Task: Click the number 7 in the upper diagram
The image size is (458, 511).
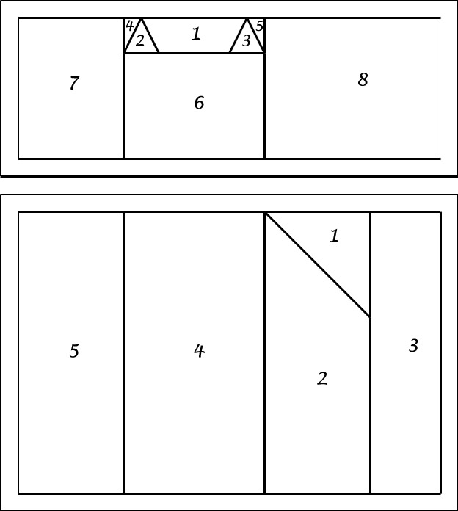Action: [74, 83]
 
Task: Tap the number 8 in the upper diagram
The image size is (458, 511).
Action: [363, 79]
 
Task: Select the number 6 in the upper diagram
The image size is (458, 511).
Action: [199, 102]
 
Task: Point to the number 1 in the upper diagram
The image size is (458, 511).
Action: [196, 34]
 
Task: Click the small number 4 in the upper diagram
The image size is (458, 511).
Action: [129, 26]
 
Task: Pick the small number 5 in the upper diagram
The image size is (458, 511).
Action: [259, 26]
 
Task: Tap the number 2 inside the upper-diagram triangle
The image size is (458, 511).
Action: [139, 40]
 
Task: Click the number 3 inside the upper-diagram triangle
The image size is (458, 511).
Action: [247, 40]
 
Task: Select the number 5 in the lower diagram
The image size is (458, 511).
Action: [74, 351]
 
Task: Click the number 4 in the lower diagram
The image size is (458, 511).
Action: [199, 351]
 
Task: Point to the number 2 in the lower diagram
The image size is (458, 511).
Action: [321, 378]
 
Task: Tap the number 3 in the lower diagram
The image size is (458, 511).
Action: [413, 346]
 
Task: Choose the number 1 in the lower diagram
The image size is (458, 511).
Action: [334, 236]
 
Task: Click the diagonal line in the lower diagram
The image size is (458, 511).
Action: [318, 265]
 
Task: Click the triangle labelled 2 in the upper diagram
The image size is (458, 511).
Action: [141, 40]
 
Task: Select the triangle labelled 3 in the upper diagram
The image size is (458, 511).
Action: [247, 40]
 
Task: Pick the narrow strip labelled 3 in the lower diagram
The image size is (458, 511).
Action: [406, 353]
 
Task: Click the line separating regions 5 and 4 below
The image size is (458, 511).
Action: [123, 353]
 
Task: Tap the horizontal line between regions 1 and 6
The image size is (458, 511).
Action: [195, 53]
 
